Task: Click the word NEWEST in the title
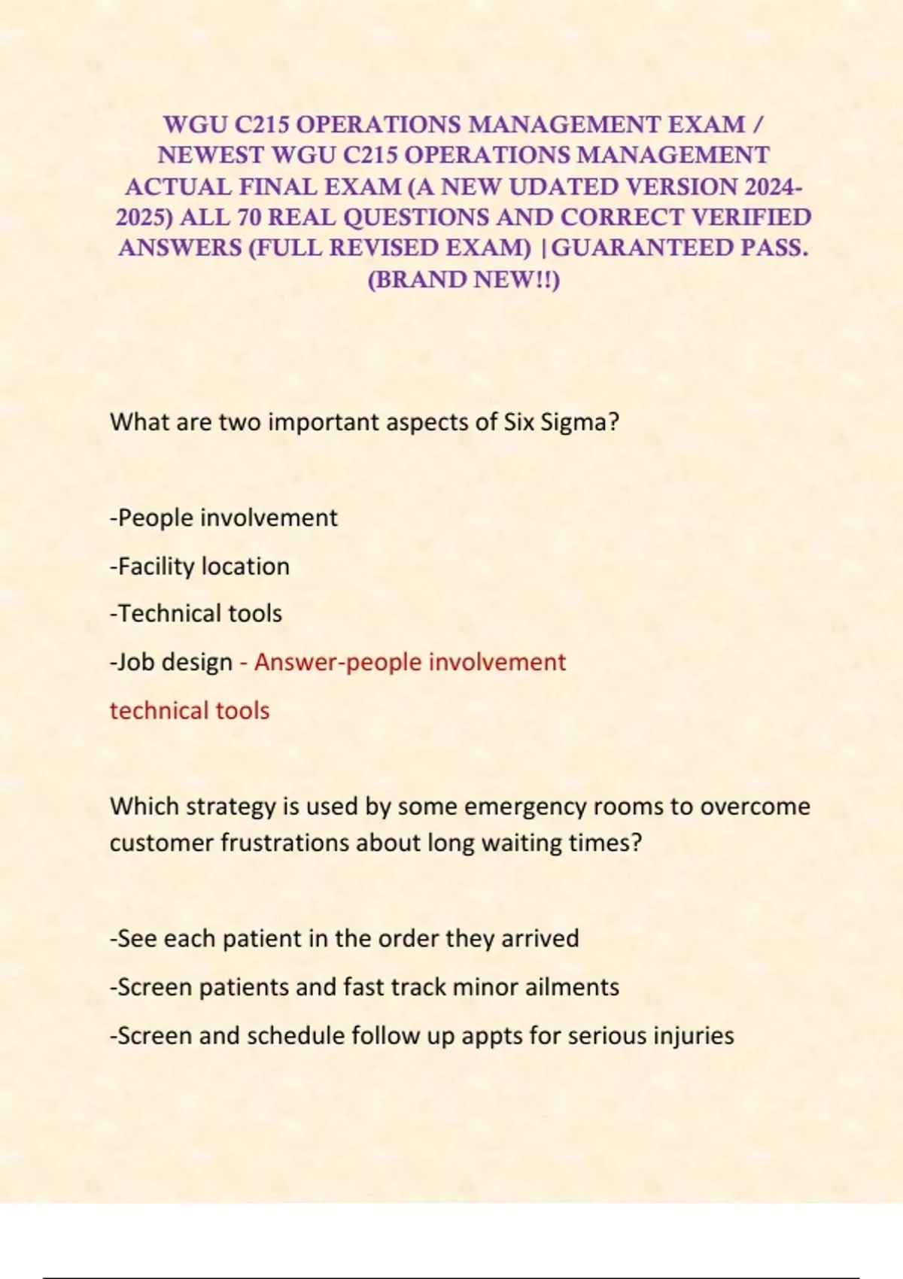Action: click(x=211, y=155)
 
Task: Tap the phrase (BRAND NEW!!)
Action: click(x=464, y=280)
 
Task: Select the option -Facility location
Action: click(x=199, y=566)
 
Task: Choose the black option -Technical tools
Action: click(x=196, y=614)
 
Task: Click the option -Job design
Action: click(x=172, y=662)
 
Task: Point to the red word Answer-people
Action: click(x=338, y=662)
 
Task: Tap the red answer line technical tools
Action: click(x=190, y=710)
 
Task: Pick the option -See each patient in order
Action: click(x=344, y=939)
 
